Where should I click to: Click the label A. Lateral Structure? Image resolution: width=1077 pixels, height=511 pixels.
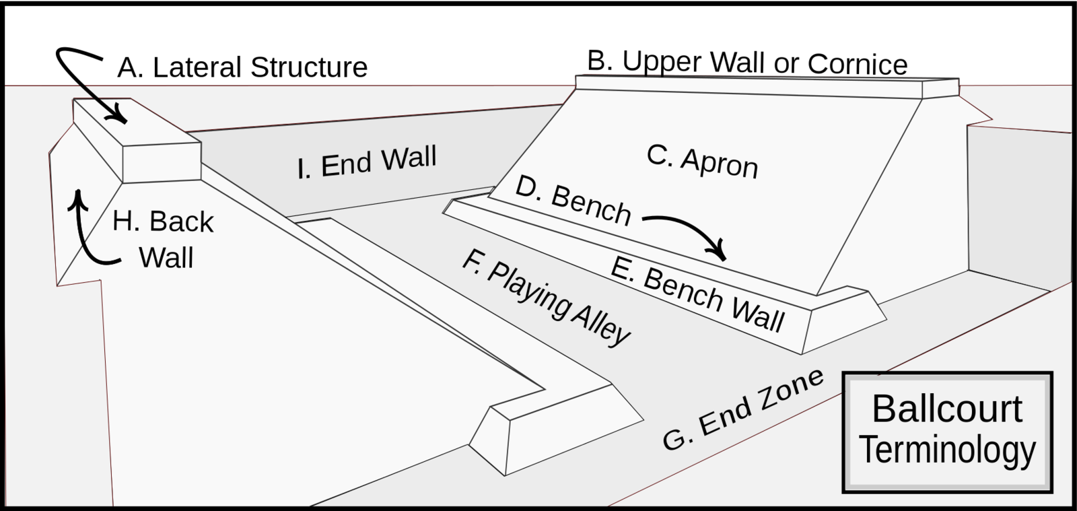point(242,67)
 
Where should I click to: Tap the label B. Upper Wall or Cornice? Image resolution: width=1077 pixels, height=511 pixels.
point(747,62)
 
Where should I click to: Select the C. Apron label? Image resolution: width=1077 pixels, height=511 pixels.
point(702,162)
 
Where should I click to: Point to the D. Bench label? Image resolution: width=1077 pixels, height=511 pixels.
point(573,201)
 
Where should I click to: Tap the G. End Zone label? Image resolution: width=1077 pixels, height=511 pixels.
point(743,409)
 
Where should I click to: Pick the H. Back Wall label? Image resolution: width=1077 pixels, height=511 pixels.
point(163,240)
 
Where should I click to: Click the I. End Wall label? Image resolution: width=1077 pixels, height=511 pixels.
point(367,162)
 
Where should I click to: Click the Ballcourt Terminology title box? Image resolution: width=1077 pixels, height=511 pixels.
point(947,432)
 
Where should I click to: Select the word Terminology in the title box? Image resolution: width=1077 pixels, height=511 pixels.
point(948,450)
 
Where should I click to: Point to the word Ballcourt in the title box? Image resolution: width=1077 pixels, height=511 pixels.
point(947,409)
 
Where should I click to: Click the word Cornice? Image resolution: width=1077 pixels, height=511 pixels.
point(858,64)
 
